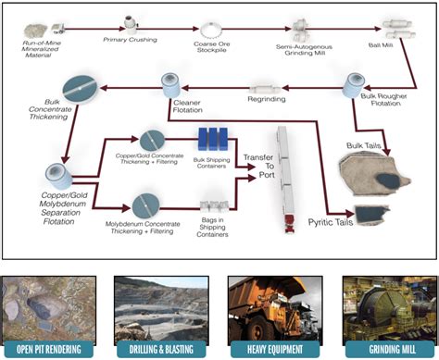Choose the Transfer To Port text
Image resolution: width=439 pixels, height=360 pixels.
pyautogui.click(x=258, y=166)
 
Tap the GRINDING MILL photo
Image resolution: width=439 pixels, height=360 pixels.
pyautogui.click(x=383, y=305)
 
